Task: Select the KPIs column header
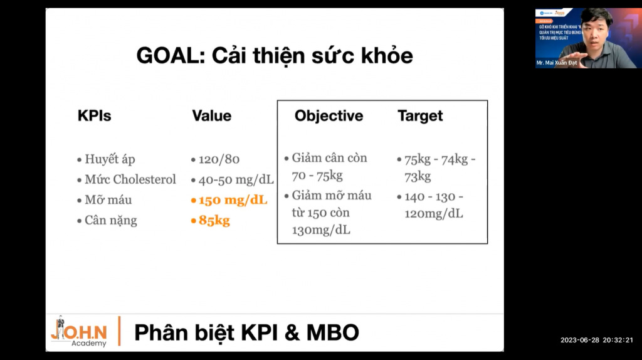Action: pyautogui.click(x=94, y=116)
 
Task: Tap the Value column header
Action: pyautogui.click(x=211, y=116)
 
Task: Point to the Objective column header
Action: pyautogui.click(x=329, y=116)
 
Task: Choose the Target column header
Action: pyautogui.click(x=420, y=116)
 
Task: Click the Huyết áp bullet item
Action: pyautogui.click(x=110, y=159)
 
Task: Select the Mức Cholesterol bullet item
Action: pyautogui.click(x=130, y=180)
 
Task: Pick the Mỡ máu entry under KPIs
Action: pyautogui.click(x=108, y=200)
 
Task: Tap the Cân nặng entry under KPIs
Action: pyautogui.click(x=110, y=221)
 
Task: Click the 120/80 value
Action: pyautogui.click(x=219, y=159)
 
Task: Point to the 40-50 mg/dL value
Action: pyautogui.click(x=236, y=180)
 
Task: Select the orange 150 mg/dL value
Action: pyautogui.click(x=233, y=201)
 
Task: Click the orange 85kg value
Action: pyautogui.click(x=214, y=221)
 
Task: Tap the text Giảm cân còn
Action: pyautogui.click(x=329, y=158)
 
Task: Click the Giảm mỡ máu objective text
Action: pyautogui.click(x=331, y=196)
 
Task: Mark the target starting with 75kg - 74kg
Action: pyautogui.click(x=439, y=159)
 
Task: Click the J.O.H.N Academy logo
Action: pyautogui.click(x=79, y=331)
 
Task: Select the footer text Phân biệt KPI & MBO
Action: pyautogui.click(x=246, y=332)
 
